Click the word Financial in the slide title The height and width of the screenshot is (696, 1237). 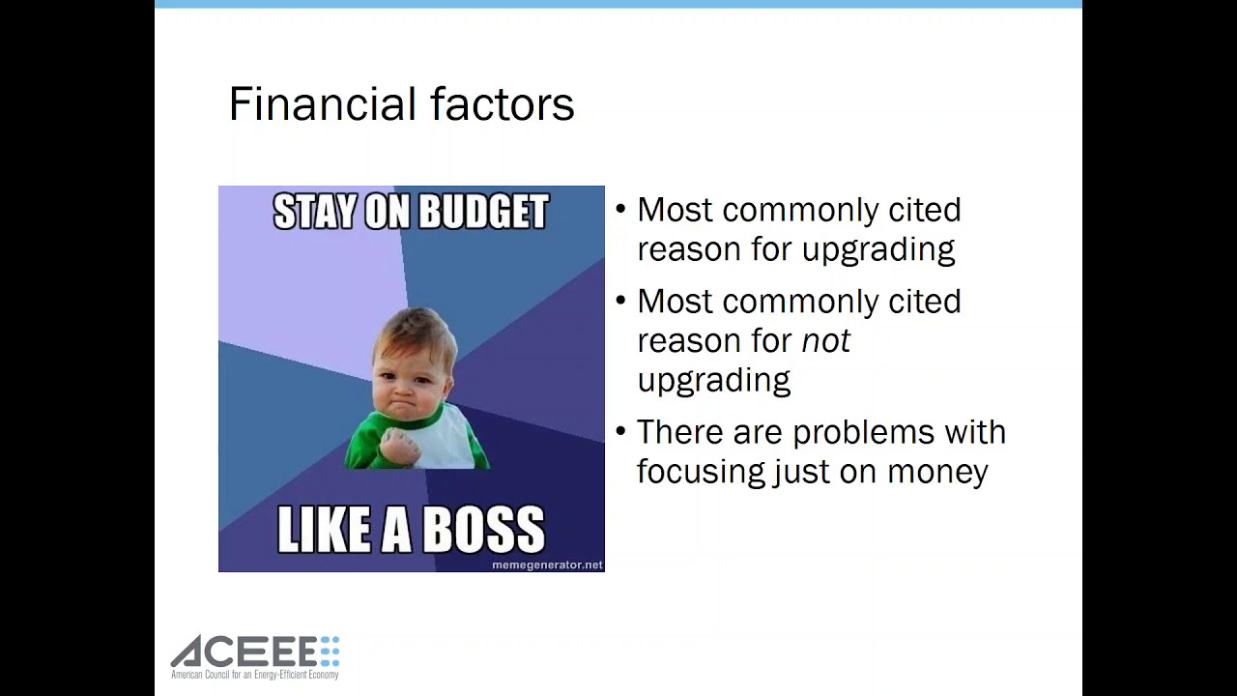point(323,103)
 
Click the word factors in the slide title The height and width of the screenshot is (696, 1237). point(502,103)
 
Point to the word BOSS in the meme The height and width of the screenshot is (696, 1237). point(486,529)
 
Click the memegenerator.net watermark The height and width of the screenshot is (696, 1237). point(547,565)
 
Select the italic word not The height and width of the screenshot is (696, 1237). point(826,341)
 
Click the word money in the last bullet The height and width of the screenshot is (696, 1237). point(937,472)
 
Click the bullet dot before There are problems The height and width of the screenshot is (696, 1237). point(620,430)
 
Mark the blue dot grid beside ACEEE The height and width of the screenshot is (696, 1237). point(330,652)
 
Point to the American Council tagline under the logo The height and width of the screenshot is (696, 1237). point(254,675)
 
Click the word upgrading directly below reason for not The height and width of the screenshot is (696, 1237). point(713,381)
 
